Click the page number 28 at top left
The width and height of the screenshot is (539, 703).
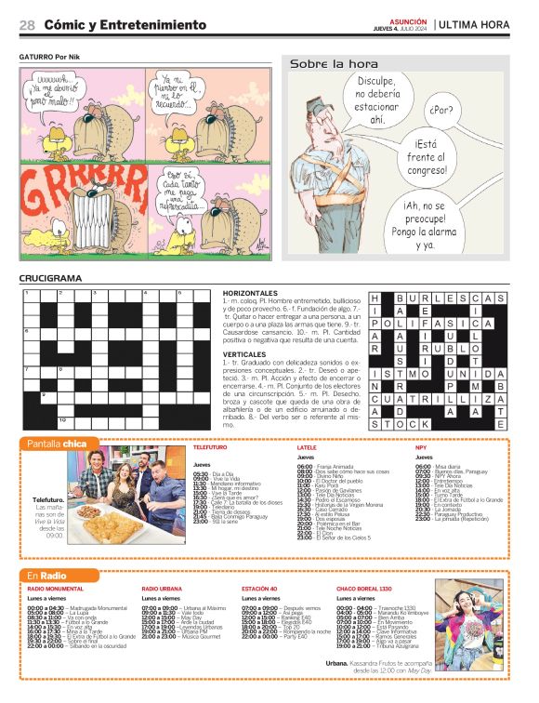click(x=28, y=24)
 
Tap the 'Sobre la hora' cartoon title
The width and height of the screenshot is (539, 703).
click(x=334, y=64)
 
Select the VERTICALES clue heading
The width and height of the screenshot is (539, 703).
click(x=244, y=354)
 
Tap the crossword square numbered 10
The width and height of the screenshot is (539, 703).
click(x=62, y=420)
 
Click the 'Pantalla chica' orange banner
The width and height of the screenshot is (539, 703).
click(x=57, y=444)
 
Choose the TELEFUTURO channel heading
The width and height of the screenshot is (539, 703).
click(x=209, y=448)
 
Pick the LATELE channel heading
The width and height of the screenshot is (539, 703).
click(x=307, y=448)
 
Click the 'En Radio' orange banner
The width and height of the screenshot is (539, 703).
click(x=51, y=576)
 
